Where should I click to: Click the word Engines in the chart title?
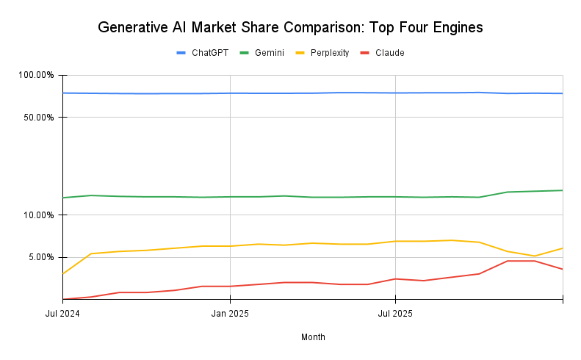pos(455,28)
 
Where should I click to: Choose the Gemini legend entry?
pos(269,53)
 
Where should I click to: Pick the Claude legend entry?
pos(389,53)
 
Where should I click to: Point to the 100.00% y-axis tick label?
pos(36,75)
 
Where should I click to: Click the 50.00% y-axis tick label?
pos(38,118)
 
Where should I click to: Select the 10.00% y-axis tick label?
pos(38,215)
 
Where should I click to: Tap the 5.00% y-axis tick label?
pos(40,257)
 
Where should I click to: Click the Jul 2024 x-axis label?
pos(62,314)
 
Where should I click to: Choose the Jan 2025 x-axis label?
pos(230,314)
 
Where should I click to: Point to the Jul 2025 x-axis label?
pos(395,314)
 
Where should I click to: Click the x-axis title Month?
pos(313,337)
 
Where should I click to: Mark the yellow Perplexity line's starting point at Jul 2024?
pos(63,274)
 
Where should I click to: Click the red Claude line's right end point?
pos(563,269)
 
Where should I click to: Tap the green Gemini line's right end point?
pos(563,190)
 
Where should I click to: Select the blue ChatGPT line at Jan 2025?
pos(230,93)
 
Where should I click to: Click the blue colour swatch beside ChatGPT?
pos(181,53)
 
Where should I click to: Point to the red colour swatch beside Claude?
pos(364,53)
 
